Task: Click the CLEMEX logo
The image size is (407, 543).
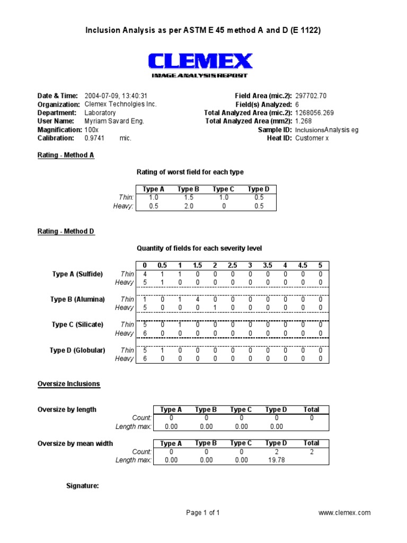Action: click(200, 63)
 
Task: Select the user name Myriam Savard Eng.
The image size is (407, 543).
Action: click(114, 121)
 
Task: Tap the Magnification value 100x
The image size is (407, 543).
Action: click(92, 129)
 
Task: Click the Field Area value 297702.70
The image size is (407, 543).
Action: click(311, 95)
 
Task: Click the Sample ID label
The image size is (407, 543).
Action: click(275, 129)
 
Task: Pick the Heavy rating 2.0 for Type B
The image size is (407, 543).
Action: click(188, 206)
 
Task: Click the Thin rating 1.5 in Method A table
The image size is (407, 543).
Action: click(188, 197)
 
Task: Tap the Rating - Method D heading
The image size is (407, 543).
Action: click(66, 232)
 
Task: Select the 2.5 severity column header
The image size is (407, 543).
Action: click(232, 265)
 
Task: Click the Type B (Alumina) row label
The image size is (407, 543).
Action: click(77, 299)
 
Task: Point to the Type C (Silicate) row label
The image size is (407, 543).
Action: click(77, 325)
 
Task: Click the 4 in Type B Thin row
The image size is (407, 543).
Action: click(197, 299)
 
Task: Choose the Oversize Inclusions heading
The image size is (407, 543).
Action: click(68, 384)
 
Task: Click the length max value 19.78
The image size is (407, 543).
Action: click(276, 460)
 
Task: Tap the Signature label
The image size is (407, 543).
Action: click(82, 486)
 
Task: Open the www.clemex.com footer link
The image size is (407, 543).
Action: click(344, 513)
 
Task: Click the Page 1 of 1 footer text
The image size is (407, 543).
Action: click(203, 513)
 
